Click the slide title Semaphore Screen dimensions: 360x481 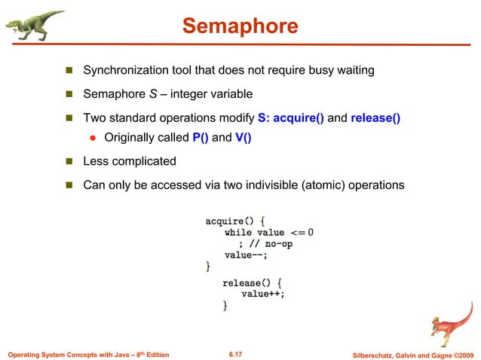240,27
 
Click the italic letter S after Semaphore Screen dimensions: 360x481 152,94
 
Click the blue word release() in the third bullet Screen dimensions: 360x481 375,118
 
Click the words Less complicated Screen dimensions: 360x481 129,161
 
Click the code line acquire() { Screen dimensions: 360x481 235,221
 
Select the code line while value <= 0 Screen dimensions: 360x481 268,233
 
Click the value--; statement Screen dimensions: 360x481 247,255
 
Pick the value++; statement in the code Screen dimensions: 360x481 263,294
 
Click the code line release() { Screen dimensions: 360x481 253,282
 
